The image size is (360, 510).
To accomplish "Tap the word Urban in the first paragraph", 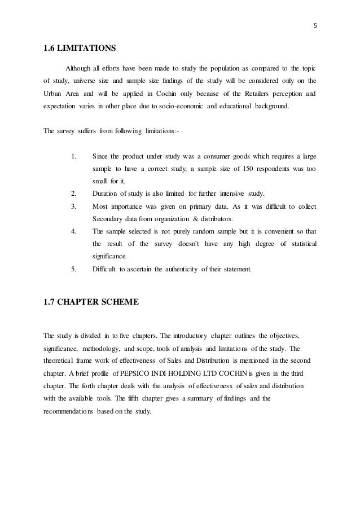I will [54, 94].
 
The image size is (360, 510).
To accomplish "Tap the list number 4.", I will [74, 231].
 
